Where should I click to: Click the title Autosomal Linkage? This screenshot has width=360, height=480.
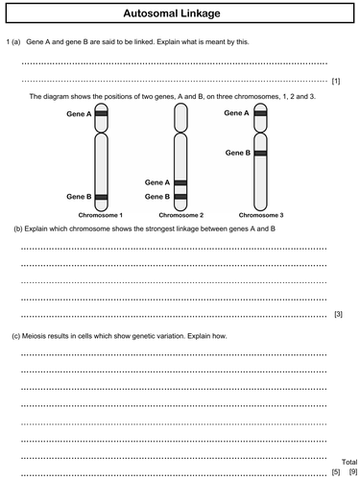(x=179, y=14)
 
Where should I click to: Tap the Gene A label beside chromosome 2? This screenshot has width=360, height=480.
(x=156, y=181)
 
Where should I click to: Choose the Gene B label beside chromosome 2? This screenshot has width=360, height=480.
(x=156, y=196)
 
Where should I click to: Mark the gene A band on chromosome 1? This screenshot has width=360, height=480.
(x=101, y=113)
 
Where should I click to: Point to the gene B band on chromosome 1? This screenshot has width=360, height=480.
(x=101, y=196)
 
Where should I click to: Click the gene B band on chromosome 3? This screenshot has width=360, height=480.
(x=256, y=153)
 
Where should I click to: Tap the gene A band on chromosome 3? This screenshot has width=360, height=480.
(x=256, y=113)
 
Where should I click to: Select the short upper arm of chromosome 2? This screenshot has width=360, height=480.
(x=180, y=116)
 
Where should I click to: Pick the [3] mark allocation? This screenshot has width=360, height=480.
(x=337, y=315)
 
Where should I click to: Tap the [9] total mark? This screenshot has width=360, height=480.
(x=352, y=471)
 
